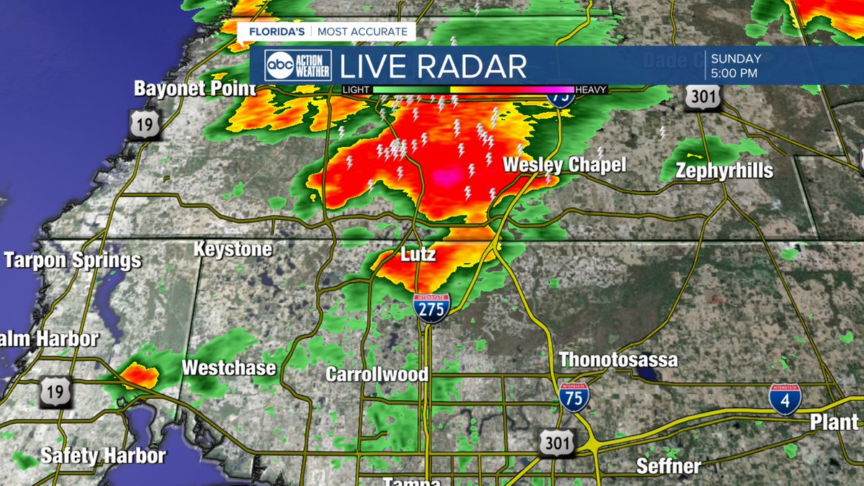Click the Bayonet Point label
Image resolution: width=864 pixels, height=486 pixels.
coord(194,89)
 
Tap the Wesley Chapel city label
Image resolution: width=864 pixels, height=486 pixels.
coord(564,164)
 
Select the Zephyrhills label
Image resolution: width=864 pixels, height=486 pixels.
coord(724,171)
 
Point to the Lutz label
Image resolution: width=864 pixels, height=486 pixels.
coord(418,256)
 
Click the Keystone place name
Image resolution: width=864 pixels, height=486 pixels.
coord(233,250)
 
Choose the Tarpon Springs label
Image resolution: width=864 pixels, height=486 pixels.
coord(72,260)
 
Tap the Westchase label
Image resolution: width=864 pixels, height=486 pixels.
coord(228,368)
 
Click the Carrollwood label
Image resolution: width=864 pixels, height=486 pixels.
coord(377,374)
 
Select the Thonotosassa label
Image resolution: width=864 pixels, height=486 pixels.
coord(618,359)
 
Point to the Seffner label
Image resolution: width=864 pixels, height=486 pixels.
coord(669,465)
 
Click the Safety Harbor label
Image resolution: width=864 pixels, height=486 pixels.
coord(103,455)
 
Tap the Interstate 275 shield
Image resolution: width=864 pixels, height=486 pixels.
coord(432,306)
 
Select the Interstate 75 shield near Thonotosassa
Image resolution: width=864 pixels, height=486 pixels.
coord(574,397)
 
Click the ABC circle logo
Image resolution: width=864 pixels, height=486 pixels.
coord(279,66)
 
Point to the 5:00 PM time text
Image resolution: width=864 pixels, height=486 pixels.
coord(734,73)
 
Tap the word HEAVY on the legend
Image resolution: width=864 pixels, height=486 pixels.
coord(591,89)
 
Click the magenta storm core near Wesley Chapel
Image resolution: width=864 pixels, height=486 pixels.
coord(446,176)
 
